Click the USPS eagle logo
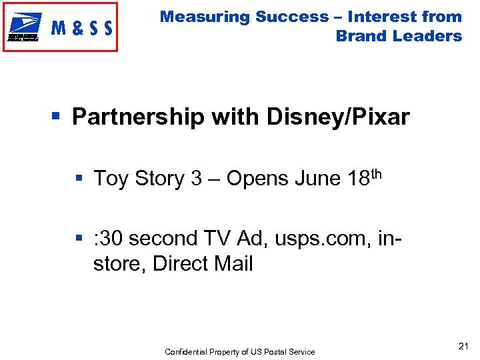25,27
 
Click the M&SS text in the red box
81,28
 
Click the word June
317,179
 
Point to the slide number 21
464,345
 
